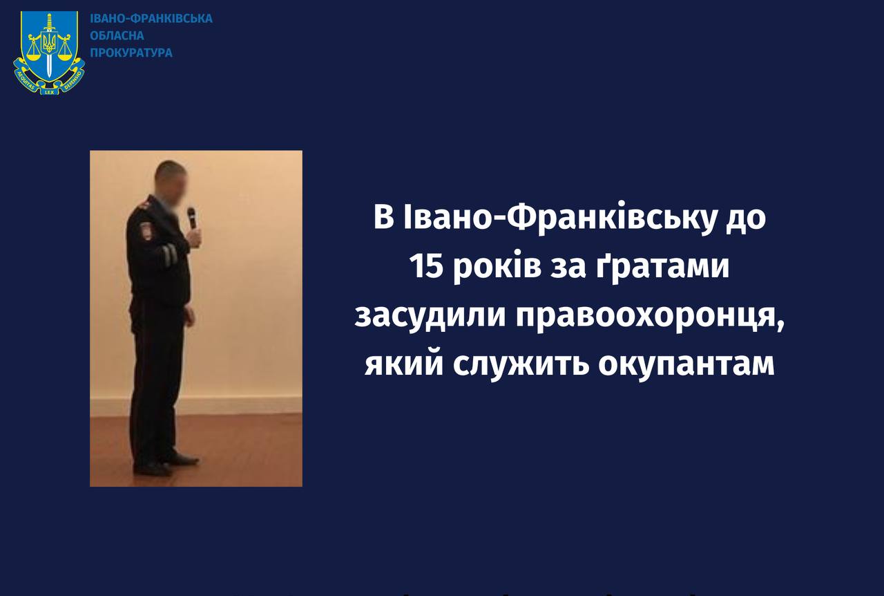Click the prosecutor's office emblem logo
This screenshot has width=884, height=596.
tap(49, 53)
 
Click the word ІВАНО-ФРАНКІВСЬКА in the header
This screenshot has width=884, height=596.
tap(151, 19)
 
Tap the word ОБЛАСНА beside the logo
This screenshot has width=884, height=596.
tap(117, 35)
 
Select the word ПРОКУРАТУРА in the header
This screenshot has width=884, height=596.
tap(131, 53)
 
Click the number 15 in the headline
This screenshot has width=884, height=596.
tap(426, 266)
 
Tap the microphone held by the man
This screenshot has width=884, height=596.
tap(191, 218)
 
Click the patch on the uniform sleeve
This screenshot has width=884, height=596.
tap(145, 231)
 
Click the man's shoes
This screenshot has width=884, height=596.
tap(165, 465)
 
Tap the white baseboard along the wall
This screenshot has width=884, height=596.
tap(195, 406)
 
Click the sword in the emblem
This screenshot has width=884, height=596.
tap(49, 45)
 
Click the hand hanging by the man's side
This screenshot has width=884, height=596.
tap(190, 317)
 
